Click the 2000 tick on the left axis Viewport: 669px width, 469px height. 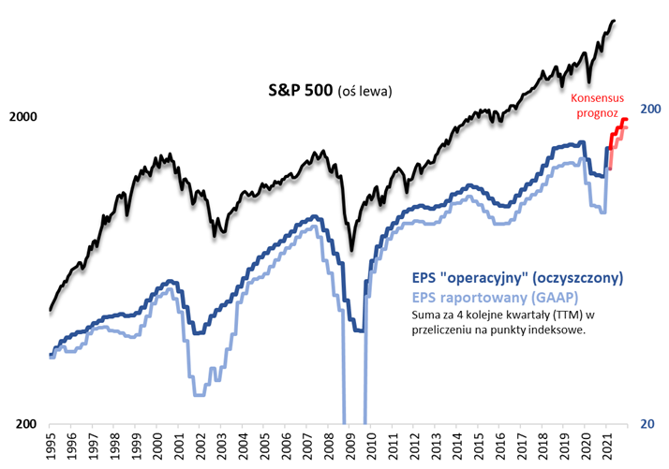[22, 117]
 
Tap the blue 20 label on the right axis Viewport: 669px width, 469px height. [646, 424]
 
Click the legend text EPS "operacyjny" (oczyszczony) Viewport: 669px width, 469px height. [517, 278]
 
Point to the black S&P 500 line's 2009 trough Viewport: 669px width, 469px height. [352, 250]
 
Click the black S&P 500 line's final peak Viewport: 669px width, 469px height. [614, 21]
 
